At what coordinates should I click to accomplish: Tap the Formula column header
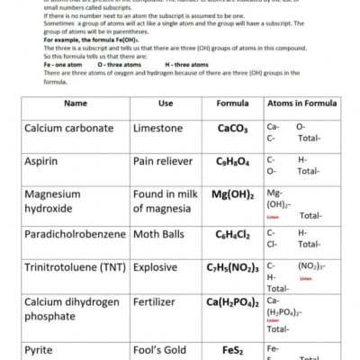(232, 103)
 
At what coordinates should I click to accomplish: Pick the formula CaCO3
(232, 129)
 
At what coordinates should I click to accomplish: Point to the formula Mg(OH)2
(232, 193)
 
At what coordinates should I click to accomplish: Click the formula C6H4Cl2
(232, 235)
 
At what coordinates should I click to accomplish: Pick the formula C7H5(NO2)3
(232, 267)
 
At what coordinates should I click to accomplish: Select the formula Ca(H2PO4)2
(232, 302)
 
